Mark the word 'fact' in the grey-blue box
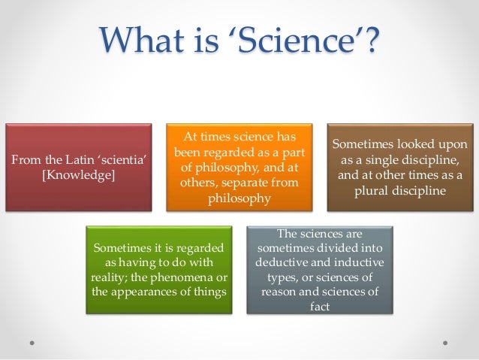click(x=320, y=307)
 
